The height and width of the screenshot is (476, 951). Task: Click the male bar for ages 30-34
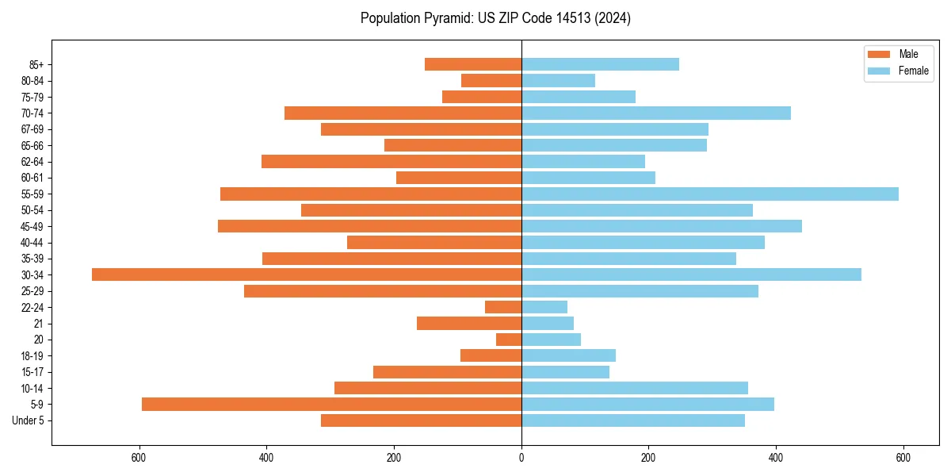tap(307, 274)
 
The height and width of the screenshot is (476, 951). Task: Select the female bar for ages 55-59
tap(710, 194)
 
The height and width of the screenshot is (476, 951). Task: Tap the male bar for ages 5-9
tap(331, 404)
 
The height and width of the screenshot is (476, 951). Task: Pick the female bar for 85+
tap(600, 64)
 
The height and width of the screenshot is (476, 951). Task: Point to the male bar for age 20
tap(509, 340)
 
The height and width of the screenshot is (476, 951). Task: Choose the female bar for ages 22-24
tap(544, 307)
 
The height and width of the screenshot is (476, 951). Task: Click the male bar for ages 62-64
tap(391, 161)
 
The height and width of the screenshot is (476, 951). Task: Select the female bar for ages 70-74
tap(656, 113)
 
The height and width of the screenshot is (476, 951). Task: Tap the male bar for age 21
tap(469, 323)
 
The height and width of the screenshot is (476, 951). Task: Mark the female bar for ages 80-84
tap(558, 80)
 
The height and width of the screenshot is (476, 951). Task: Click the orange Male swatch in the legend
tap(880, 54)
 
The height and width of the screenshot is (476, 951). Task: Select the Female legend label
tap(914, 71)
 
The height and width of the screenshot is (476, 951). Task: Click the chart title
tap(495, 18)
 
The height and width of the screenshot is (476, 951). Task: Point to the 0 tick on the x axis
tap(521, 458)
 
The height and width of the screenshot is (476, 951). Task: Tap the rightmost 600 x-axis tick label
tap(903, 458)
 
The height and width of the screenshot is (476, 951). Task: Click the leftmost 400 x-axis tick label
tap(266, 458)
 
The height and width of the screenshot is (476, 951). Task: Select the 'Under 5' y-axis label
tap(28, 420)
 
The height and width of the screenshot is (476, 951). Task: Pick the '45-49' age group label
tap(32, 226)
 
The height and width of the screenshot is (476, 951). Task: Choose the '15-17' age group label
tap(32, 372)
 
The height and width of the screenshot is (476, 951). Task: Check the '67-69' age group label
tap(32, 129)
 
